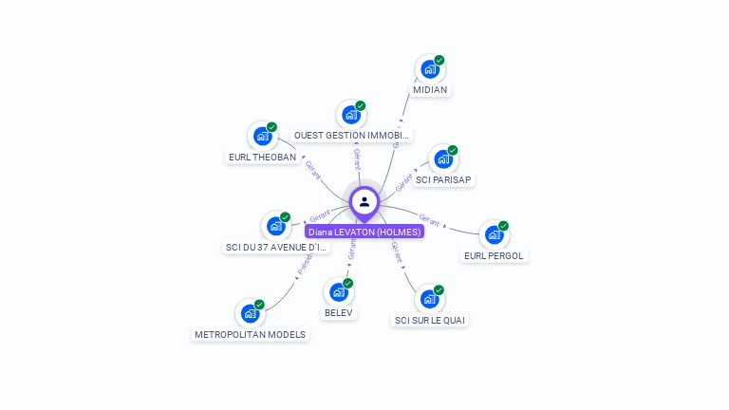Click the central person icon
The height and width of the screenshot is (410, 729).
coord(364,201)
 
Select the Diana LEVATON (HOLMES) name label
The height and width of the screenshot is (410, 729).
coord(364,232)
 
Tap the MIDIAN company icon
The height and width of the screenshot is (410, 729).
coord(430,69)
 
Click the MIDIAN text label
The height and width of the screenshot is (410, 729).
coord(430,90)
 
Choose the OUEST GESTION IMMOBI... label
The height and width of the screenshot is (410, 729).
coord(352,136)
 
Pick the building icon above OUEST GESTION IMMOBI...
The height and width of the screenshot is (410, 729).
coord(351,115)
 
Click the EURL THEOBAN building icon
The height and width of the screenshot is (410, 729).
coord(262,136)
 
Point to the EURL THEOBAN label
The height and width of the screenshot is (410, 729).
coord(263,158)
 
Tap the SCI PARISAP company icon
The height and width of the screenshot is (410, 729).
coord(443,158)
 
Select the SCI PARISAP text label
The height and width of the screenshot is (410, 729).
coord(443,180)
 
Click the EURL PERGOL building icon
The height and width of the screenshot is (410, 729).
coord(494,234)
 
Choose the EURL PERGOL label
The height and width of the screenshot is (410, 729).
coord(494,256)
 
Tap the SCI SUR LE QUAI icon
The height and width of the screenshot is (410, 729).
coord(430,299)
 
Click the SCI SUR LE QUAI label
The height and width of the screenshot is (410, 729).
coord(430,321)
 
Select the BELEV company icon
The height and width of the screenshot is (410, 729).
coord(339,291)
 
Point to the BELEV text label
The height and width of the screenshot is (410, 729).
coord(339,313)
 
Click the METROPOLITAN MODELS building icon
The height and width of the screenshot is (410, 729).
coord(250,313)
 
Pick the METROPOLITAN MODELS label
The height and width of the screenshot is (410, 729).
coord(250,335)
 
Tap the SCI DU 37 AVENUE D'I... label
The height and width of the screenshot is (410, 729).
coord(276,248)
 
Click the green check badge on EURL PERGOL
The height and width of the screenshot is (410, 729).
coord(503,226)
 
